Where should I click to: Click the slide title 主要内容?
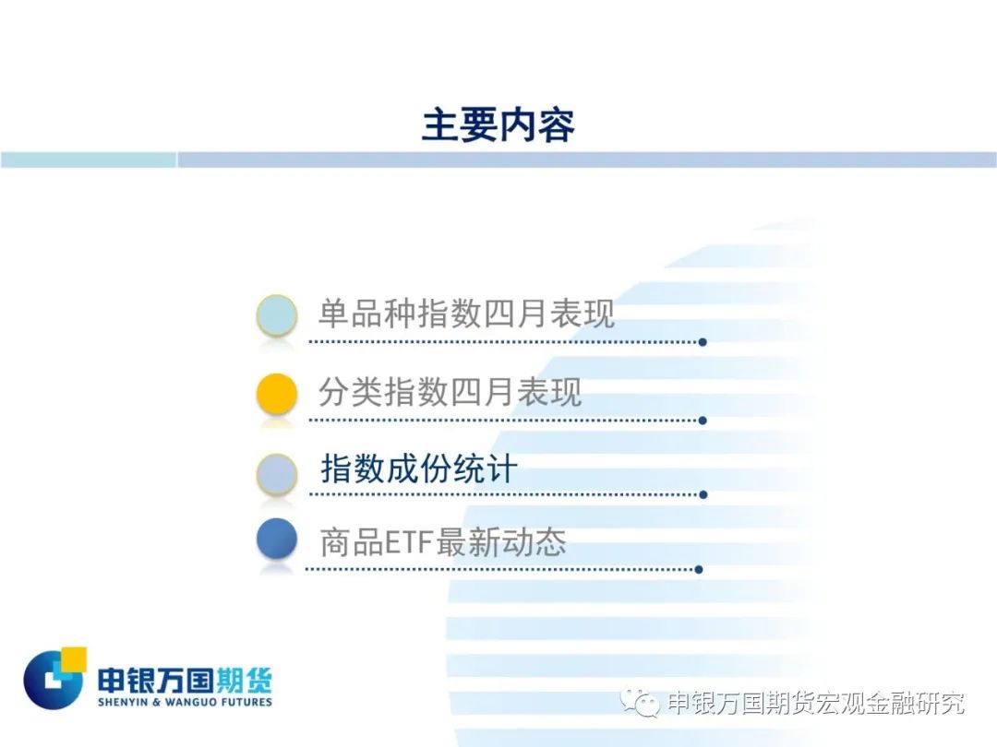pos(498,125)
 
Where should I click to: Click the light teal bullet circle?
pos(277,315)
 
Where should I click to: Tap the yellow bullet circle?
pos(277,394)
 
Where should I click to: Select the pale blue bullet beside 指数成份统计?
pos(277,474)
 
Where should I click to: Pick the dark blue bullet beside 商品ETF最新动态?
pos(277,539)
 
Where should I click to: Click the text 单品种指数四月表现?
pos(466,314)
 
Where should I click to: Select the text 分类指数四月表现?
pos(450,391)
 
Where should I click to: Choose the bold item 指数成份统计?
pos(419,468)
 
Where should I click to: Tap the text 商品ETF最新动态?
pos(442,542)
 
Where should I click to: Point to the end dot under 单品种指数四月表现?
pos(703,342)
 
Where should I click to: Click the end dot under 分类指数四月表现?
pos(703,421)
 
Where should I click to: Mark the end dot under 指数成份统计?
pos(703,495)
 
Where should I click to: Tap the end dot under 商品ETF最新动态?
pos(699,570)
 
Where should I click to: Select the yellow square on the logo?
pos(74,658)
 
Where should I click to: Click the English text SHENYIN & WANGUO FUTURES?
pos(185,702)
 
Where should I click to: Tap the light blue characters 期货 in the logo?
pos(244,681)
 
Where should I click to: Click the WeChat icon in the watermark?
pos(640,701)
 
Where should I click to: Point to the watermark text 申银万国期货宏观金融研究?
pos(816,703)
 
